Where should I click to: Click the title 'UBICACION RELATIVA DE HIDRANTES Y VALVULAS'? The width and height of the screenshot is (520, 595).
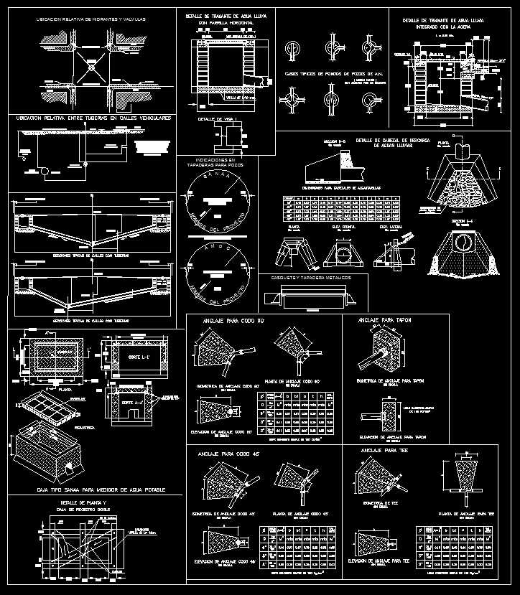pyautogui.click(x=91, y=19)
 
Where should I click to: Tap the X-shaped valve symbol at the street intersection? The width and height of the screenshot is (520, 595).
pyautogui.click(x=91, y=69)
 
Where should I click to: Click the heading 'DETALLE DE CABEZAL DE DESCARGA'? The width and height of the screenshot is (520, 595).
pyautogui.click(x=392, y=141)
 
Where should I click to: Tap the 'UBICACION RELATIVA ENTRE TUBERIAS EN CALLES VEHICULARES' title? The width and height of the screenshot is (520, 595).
pyautogui.click(x=93, y=117)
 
